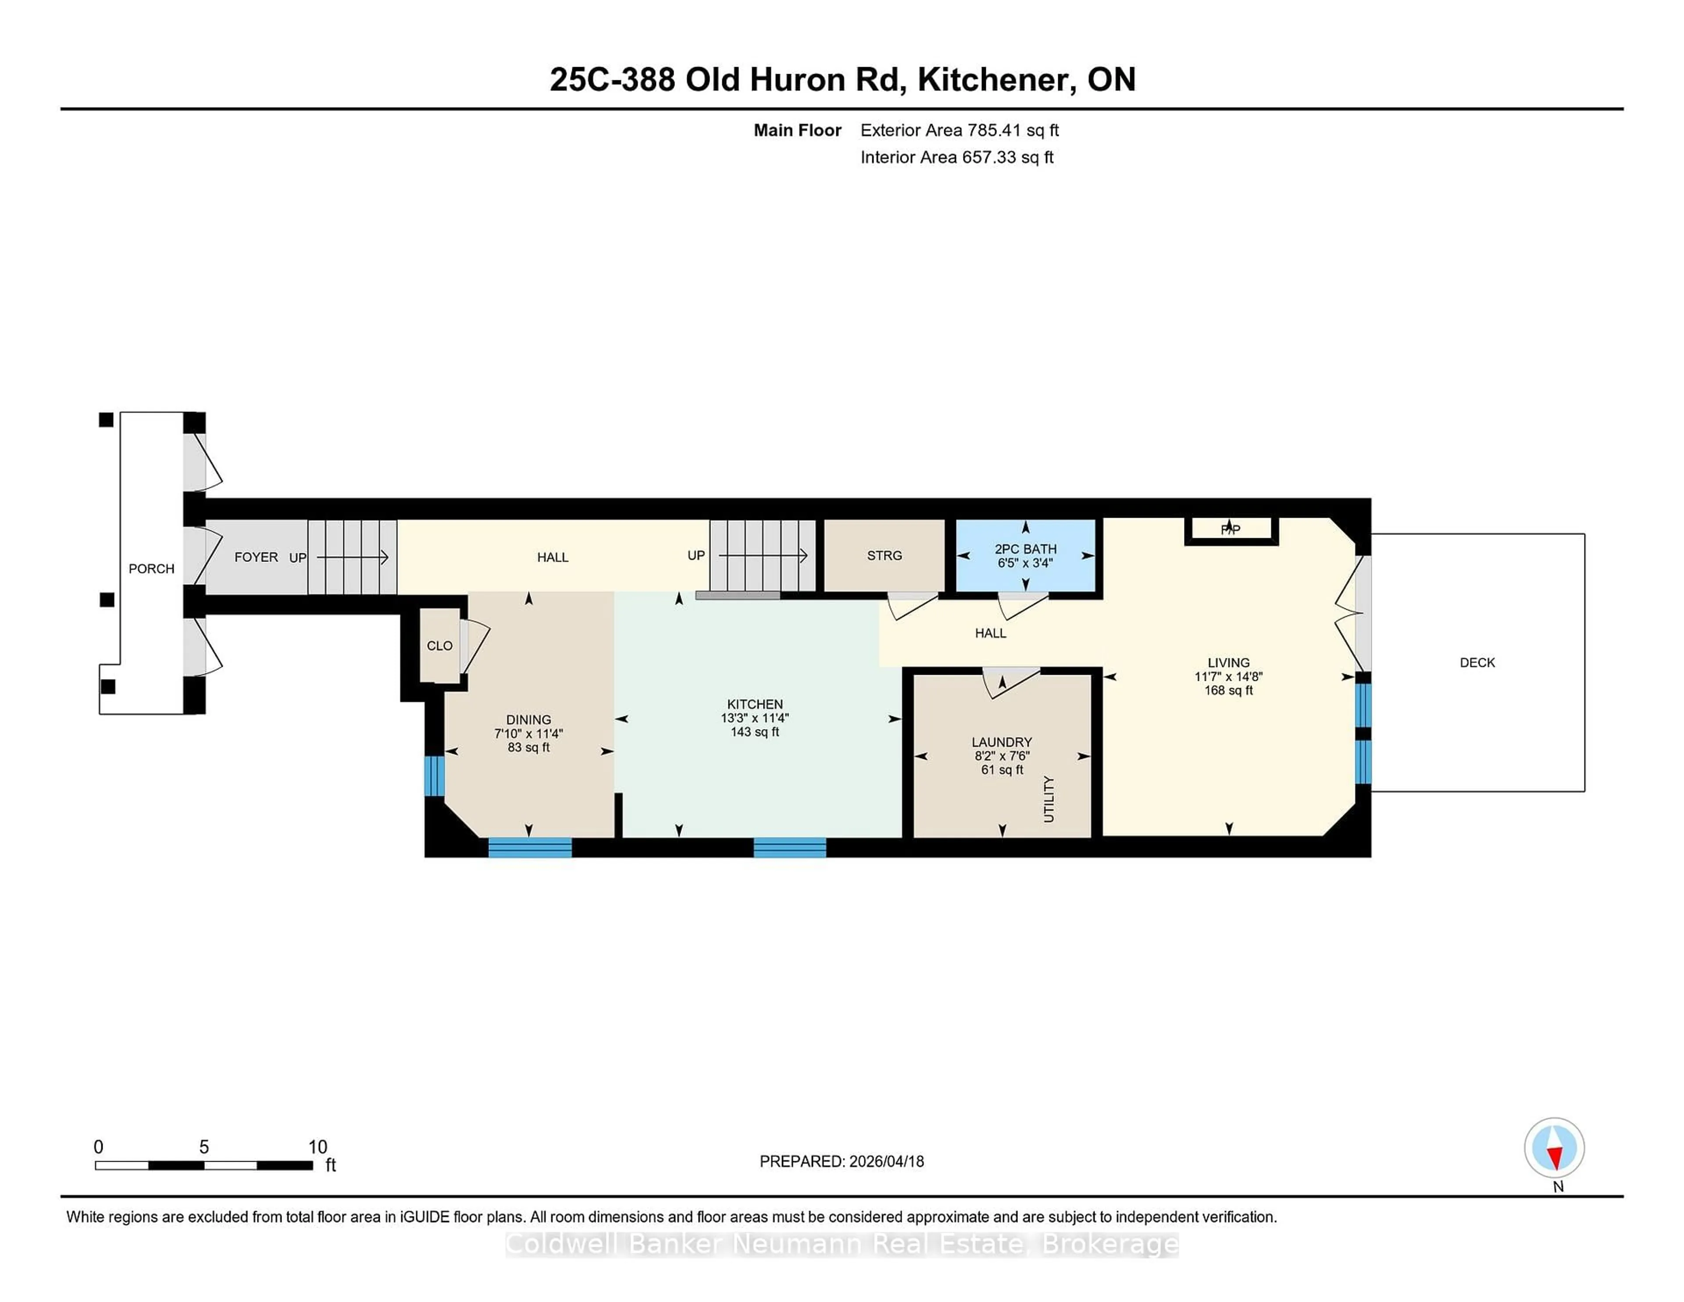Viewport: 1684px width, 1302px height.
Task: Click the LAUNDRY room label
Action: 1002,742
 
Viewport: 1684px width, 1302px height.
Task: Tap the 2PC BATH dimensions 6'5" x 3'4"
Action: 1025,563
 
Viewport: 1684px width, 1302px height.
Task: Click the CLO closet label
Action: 439,646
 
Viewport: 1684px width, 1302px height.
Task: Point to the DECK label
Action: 1477,662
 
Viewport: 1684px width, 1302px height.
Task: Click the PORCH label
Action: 151,569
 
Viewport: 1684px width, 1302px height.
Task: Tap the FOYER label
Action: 256,557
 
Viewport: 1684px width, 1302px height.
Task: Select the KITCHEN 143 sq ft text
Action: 754,732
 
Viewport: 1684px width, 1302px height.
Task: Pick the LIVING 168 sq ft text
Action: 1228,690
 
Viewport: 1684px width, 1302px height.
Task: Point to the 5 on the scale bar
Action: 203,1147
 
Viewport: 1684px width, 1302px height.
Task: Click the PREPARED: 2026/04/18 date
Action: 841,1162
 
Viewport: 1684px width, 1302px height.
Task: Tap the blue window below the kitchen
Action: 789,848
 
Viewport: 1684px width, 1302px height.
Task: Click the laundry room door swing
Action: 1010,683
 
